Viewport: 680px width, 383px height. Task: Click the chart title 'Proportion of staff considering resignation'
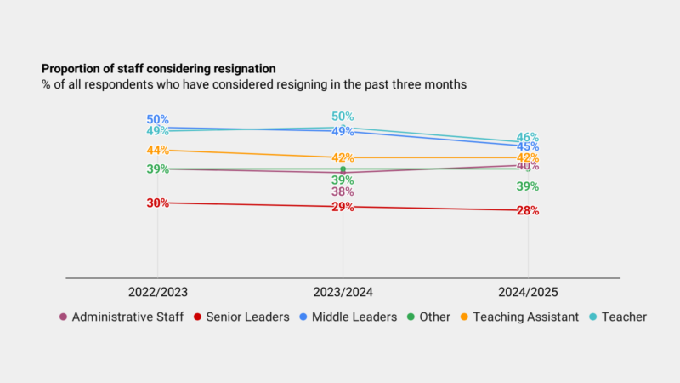pyautogui.click(x=158, y=68)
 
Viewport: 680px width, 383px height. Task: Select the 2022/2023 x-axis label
pyautogui.click(x=157, y=292)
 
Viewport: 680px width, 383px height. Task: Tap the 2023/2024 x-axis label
pyautogui.click(x=343, y=292)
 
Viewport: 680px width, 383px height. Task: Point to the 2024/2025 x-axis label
pyautogui.click(x=528, y=292)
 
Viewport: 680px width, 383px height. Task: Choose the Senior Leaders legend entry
pyautogui.click(x=239, y=317)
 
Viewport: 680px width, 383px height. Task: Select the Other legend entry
pyautogui.click(x=434, y=317)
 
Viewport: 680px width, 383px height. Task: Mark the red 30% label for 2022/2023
pyautogui.click(x=157, y=203)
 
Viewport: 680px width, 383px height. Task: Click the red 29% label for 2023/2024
pyautogui.click(x=343, y=207)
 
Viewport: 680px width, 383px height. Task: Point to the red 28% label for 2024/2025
pyautogui.click(x=528, y=211)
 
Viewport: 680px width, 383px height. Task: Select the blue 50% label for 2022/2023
pyautogui.click(x=157, y=120)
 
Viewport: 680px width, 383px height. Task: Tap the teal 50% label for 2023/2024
pyautogui.click(x=343, y=117)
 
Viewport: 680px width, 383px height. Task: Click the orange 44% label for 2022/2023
pyautogui.click(x=157, y=150)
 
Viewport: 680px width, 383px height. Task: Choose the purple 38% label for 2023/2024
pyautogui.click(x=343, y=192)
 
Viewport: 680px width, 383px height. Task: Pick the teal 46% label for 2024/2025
pyautogui.click(x=528, y=137)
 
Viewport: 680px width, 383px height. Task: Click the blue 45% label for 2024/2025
pyautogui.click(x=528, y=147)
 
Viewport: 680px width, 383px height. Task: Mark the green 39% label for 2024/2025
pyautogui.click(x=528, y=186)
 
